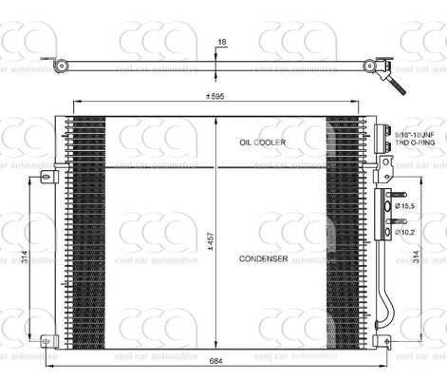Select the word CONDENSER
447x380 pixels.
264,258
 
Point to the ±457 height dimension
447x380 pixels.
211,242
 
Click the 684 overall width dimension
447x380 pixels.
216,362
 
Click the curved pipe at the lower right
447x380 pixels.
387,304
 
